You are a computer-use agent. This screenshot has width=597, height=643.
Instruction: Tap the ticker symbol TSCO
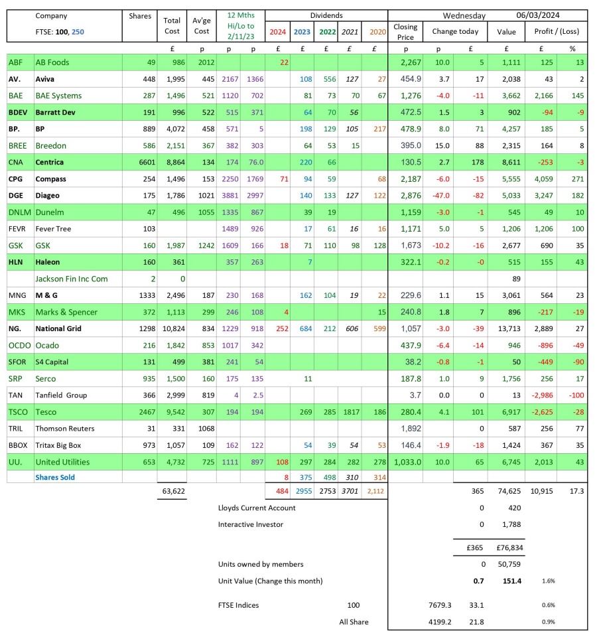[19, 412]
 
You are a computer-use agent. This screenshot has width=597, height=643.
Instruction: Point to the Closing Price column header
[405, 31]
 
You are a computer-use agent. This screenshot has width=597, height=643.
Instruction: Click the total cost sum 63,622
[173, 492]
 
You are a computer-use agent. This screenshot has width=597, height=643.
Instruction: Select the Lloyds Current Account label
[257, 508]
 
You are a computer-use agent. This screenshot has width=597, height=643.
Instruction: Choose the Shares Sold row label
[55, 477]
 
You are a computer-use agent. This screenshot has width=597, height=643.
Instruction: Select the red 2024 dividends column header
[278, 31]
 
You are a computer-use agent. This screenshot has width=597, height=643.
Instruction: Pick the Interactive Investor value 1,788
[512, 524]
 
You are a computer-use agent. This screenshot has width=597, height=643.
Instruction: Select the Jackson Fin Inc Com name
[72, 279]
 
